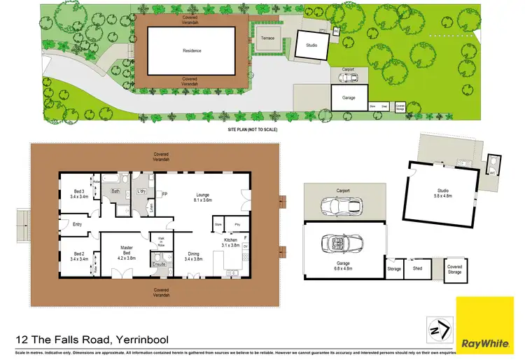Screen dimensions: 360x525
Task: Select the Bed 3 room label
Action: (78, 194)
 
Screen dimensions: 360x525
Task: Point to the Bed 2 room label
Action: (78, 256)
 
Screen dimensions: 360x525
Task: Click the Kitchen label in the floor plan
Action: (231, 242)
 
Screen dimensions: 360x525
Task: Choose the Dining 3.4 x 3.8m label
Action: (192, 257)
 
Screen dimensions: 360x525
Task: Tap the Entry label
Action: (78, 224)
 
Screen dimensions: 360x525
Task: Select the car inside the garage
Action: (343, 244)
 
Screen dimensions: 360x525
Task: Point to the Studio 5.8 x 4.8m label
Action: (442, 193)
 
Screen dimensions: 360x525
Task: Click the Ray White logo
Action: (485, 326)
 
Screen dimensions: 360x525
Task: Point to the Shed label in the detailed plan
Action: (418, 268)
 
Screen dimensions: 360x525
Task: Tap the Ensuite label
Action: (158, 264)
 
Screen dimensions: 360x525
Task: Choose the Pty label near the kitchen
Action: (237, 225)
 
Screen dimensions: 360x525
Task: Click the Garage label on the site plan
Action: (349, 98)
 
